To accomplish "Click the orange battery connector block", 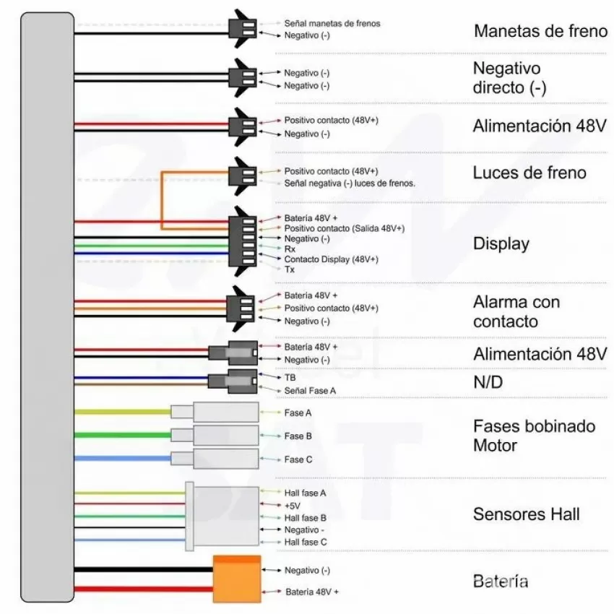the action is [x=237, y=579].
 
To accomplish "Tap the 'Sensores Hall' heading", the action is [x=527, y=514].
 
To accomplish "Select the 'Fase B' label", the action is [x=298, y=436].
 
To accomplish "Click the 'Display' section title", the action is [x=501, y=243].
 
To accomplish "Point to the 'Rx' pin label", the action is [x=290, y=249].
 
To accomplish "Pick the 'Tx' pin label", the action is [x=290, y=269].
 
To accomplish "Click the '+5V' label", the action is [x=293, y=506].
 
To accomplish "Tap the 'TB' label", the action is [x=290, y=378].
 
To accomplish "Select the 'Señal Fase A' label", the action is [x=310, y=390].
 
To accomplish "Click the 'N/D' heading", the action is [x=488, y=382].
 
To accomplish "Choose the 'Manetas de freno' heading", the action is [x=540, y=31].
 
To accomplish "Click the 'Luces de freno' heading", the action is [x=529, y=173].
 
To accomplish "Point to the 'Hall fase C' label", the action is [x=306, y=542].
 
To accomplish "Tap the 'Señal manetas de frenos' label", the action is [x=332, y=24].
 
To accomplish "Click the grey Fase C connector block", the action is [x=215, y=459].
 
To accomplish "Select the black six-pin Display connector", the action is [x=243, y=241].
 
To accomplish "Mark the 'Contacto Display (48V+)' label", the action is [x=332, y=259].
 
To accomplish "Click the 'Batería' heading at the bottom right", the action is [x=501, y=581].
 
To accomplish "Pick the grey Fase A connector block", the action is [x=215, y=412].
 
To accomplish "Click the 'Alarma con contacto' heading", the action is [x=516, y=312].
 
